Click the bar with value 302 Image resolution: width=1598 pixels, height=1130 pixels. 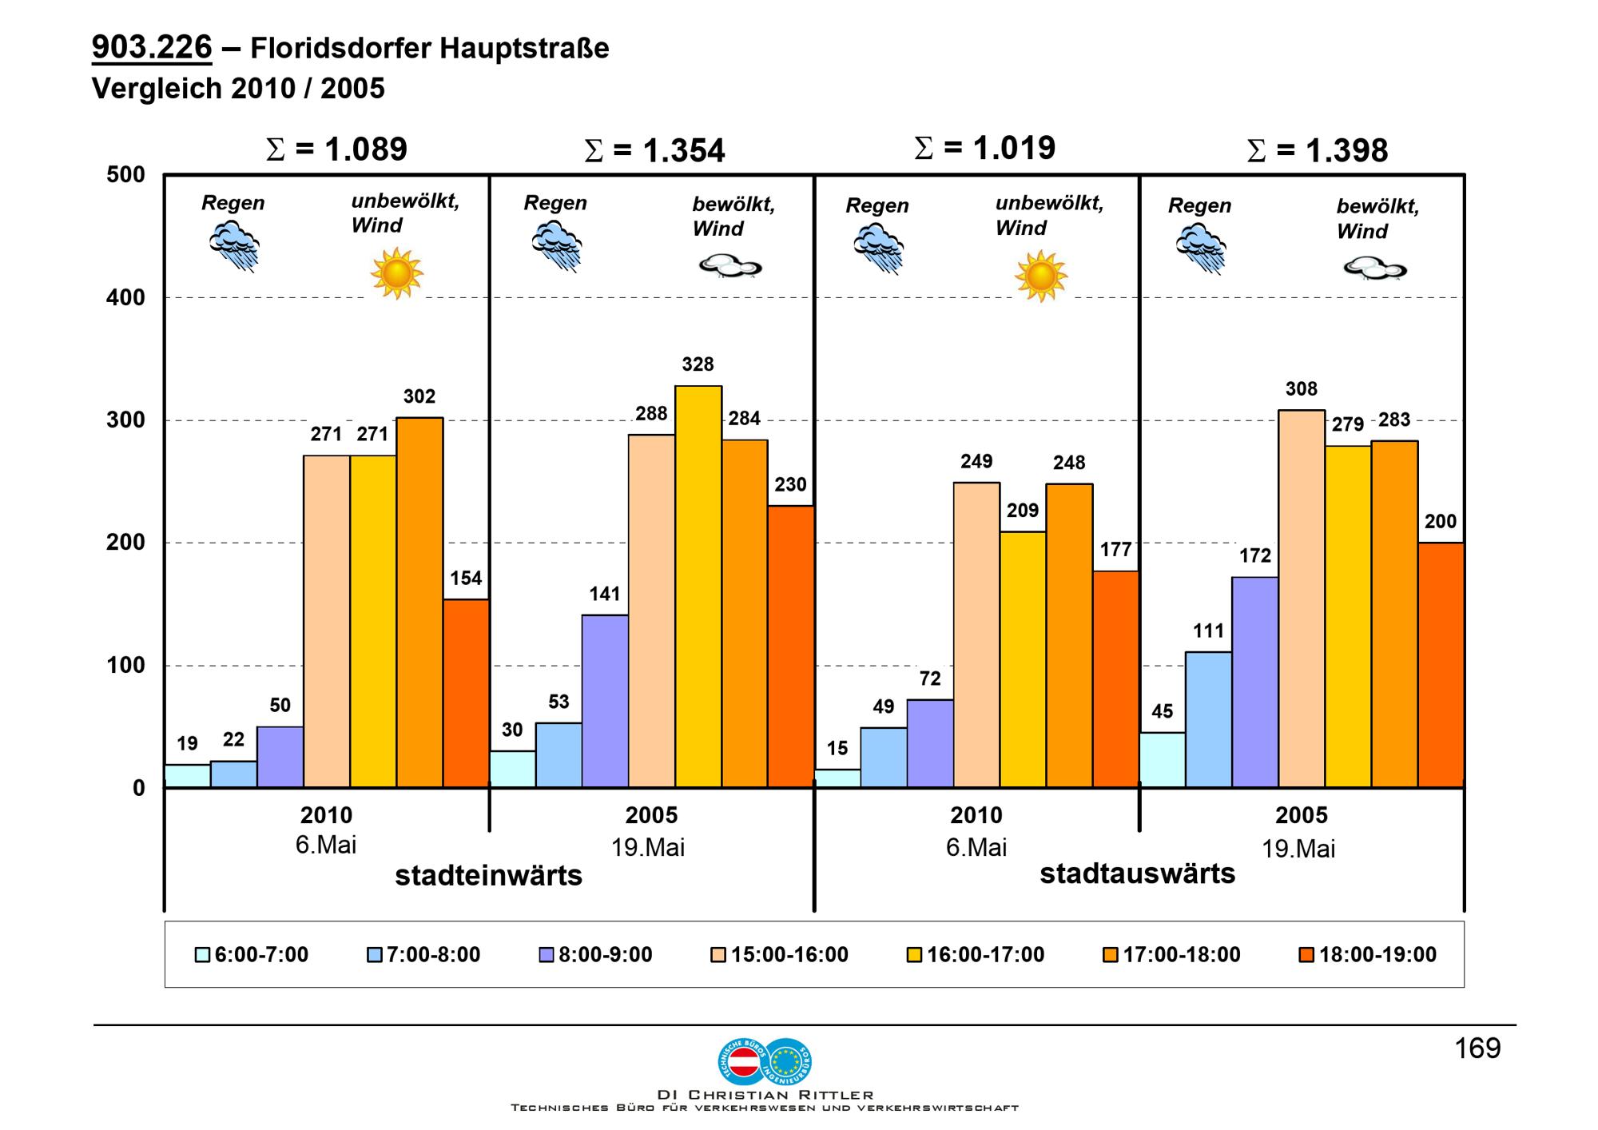[x=419, y=603]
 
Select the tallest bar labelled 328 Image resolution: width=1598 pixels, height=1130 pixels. [x=698, y=587]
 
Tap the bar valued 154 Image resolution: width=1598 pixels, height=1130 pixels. [x=466, y=693]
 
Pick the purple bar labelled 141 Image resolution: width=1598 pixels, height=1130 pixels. [x=605, y=701]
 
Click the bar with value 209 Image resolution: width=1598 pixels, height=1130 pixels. [x=1023, y=659]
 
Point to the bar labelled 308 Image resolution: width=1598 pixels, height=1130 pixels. [x=1302, y=599]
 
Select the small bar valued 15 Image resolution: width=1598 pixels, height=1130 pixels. [x=837, y=778]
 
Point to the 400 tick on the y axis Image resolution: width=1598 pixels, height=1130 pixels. [x=125, y=298]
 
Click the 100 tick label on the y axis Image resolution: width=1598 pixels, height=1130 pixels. [x=125, y=666]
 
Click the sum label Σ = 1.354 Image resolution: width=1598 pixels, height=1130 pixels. [x=655, y=150]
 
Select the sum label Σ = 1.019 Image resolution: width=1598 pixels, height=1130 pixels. [x=984, y=148]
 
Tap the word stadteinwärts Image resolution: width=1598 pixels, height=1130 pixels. [x=488, y=876]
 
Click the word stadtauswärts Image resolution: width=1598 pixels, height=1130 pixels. [x=1137, y=873]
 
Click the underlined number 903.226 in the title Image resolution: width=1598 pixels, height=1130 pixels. [x=152, y=48]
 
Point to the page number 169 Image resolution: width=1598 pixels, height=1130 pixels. [x=1477, y=1048]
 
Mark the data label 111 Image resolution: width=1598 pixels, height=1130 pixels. [x=1208, y=631]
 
